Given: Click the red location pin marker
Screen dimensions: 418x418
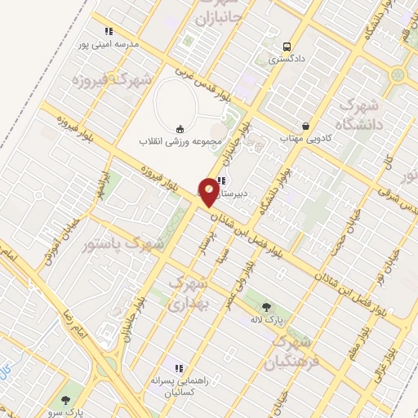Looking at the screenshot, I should click(209, 192).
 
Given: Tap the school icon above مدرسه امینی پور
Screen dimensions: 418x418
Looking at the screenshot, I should click(109, 32).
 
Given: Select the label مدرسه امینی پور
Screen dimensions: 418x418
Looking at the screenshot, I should click(109, 43).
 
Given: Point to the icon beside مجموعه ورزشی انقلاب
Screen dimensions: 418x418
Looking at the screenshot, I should click(180, 128).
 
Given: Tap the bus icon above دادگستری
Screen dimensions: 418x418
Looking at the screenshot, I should click(287, 47).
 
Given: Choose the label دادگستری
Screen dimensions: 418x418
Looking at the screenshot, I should click(287, 59).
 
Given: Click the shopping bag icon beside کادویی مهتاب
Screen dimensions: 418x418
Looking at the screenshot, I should click(305, 127).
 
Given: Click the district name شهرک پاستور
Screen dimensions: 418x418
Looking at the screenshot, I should click(124, 243).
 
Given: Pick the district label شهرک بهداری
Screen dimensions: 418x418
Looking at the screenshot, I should click(189, 291).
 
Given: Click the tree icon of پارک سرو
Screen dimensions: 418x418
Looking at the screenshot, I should click(66, 400).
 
